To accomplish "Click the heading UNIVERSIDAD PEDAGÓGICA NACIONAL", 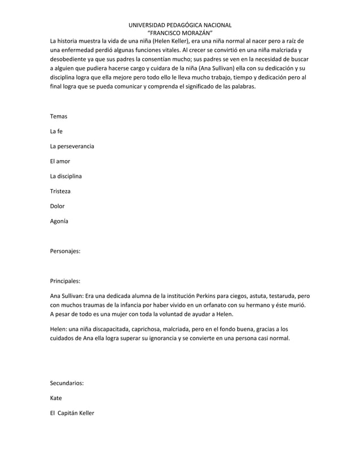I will point(180,25).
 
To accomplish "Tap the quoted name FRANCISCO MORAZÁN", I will point(180,33).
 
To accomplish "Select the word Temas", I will point(59,116).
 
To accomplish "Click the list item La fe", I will point(56,131).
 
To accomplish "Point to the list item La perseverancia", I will point(72,147).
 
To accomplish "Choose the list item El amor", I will point(60,162).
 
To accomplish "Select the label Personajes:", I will point(65,250).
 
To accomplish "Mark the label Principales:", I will point(65,280).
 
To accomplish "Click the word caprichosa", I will point(137,329).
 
